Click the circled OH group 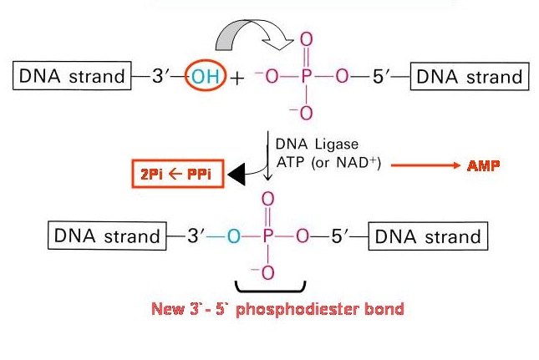[x=206, y=75]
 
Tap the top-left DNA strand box [x=72, y=75]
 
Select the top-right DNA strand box [x=470, y=76]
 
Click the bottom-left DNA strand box [x=107, y=236]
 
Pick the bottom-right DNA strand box [x=428, y=236]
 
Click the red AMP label [x=483, y=166]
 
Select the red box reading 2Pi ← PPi [x=178, y=174]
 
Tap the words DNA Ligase [x=317, y=144]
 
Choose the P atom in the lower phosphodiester [x=267, y=236]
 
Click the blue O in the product [x=234, y=236]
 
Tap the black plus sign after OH [x=236, y=79]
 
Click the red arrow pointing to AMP [x=425, y=165]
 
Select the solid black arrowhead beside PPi [x=236, y=175]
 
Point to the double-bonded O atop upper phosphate [x=307, y=39]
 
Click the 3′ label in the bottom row [x=196, y=236]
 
